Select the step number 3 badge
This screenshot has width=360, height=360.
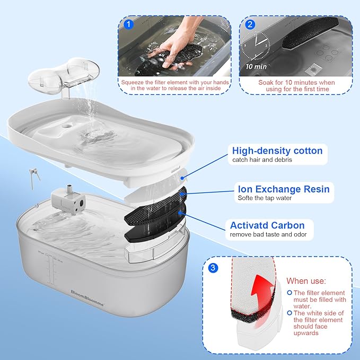(212, 268)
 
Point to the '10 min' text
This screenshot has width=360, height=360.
(257, 67)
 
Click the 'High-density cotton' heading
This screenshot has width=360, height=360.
(277, 151)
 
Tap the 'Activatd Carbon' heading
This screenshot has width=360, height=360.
(268, 225)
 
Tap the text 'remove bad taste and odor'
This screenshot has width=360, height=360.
(268, 234)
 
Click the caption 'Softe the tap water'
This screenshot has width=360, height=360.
(264, 198)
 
